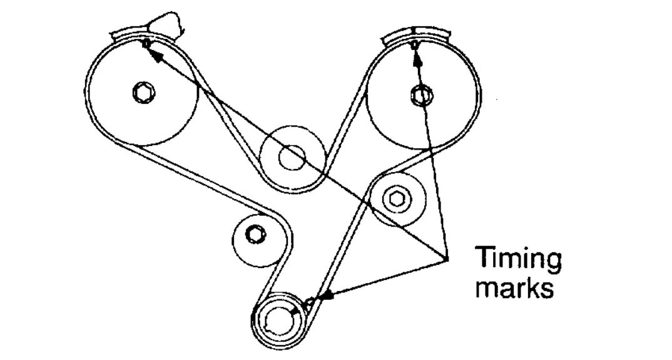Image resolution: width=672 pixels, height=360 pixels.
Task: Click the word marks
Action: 514,289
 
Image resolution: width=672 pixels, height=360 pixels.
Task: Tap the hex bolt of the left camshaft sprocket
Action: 141,93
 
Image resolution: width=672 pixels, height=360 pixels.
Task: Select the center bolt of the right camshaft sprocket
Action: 419,95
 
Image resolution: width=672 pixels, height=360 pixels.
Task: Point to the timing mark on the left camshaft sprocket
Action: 146,43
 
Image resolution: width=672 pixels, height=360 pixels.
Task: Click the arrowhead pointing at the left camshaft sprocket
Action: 157,55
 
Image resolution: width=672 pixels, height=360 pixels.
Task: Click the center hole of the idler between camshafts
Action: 290,157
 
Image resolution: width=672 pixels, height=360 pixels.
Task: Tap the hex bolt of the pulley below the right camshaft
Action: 395,198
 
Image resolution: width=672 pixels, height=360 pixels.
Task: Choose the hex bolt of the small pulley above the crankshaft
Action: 254,235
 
